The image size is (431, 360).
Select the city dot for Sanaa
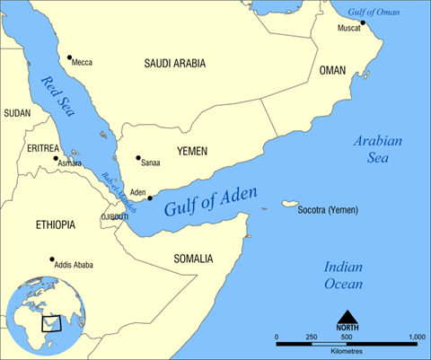(138, 158)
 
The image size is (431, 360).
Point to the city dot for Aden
(150, 198)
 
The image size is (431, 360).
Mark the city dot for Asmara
(52, 158)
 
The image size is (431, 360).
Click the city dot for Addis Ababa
(51, 259)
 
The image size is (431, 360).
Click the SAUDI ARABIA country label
(174, 64)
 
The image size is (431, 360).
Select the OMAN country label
(331, 70)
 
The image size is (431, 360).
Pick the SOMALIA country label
(194, 259)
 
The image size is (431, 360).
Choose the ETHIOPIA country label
(55, 224)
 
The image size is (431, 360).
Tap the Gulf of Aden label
(212, 203)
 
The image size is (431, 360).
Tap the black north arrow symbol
(346, 317)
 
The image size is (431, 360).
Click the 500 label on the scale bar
(346, 336)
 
